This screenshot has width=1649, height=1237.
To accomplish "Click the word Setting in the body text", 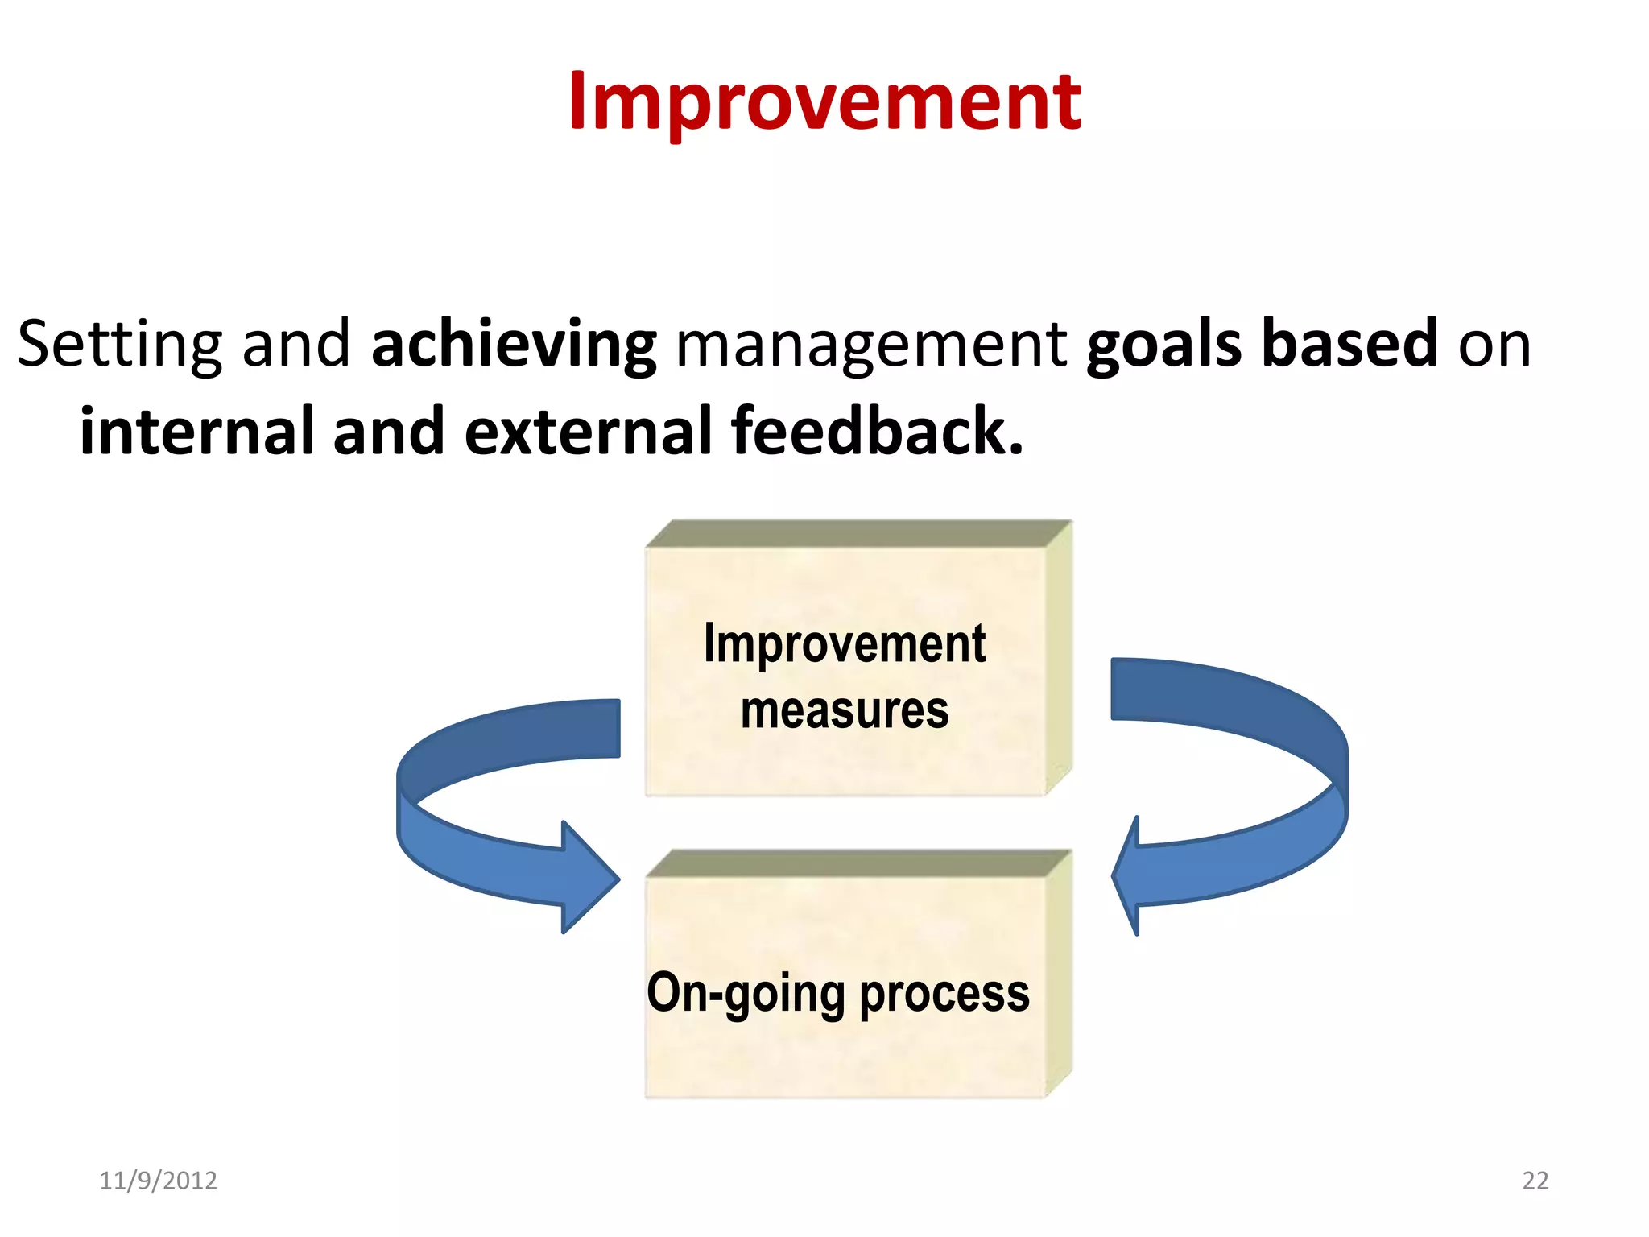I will tap(118, 345).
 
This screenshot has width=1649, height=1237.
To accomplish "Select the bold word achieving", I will tap(514, 345).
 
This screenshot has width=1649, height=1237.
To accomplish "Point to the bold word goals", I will tap(1163, 345).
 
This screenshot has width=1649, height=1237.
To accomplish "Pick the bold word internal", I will tap(196, 432).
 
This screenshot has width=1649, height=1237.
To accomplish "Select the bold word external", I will tap(588, 432).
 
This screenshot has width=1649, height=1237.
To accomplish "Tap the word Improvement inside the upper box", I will tap(845, 644).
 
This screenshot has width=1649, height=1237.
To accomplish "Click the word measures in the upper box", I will tap(845, 710).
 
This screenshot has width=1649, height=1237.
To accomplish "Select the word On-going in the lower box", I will tap(745, 994).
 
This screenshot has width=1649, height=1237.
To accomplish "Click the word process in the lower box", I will tap(944, 994).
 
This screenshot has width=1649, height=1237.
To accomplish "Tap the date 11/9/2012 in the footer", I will tap(158, 1181).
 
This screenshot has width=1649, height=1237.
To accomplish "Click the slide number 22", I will tap(1535, 1181).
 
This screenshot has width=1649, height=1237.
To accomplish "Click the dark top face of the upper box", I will tap(858, 534).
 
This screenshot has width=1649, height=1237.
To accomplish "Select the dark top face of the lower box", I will tap(858, 863).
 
